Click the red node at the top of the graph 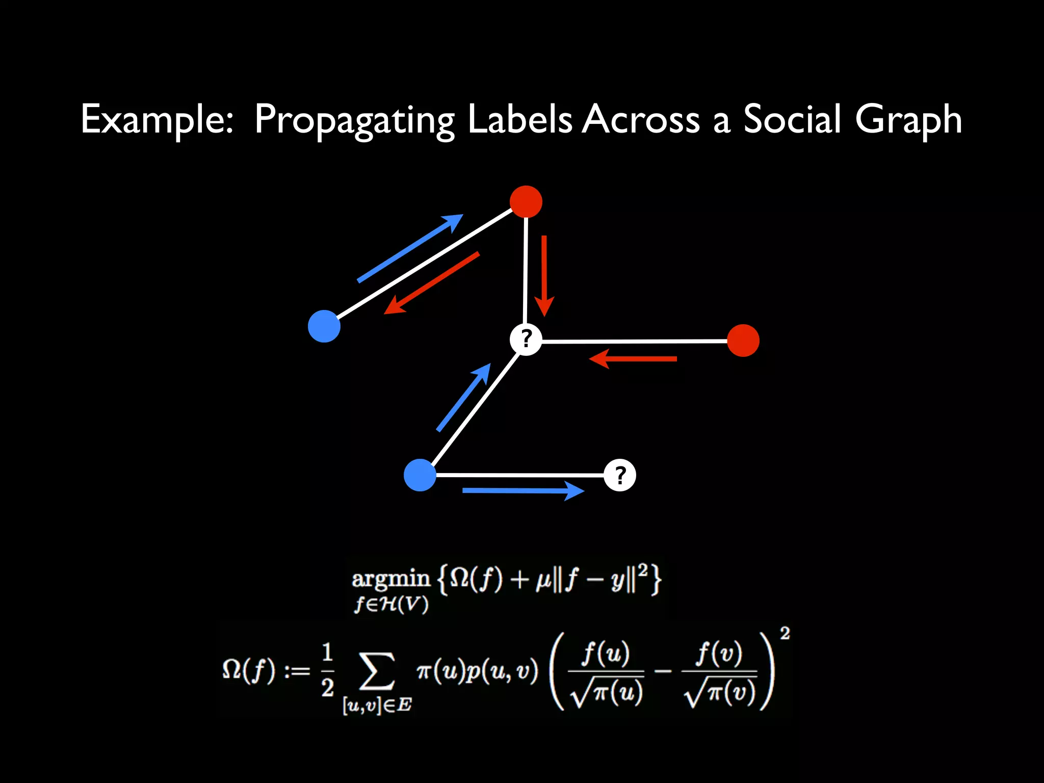[x=526, y=202]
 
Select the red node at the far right [x=743, y=341]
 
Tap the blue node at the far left [x=324, y=326]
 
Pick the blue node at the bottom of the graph [x=420, y=475]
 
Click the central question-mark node [x=526, y=339]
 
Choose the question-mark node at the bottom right [x=619, y=475]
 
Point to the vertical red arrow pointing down [x=544, y=275]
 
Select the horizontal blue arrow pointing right [x=523, y=491]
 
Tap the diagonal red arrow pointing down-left [x=431, y=283]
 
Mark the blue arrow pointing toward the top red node [x=410, y=248]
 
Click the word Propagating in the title [x=354, y=120]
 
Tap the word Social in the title [x=792, y=119]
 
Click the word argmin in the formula [x=391, y=579]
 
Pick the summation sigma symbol [x=377, y=671]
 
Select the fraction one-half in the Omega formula [x=328, y=670]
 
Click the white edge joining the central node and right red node [x=634, y=341]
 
